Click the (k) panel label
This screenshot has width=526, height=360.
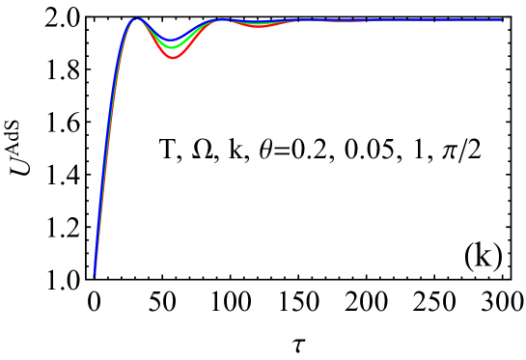pyautogui.click(x=484, y=255)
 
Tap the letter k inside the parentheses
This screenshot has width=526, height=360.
pyautogui.click(x=484, y=256)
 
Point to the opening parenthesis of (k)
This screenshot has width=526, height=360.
pyautogui.click(x=470, y=256)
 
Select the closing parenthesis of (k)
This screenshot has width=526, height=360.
pyautogui.click(x=499, y=256)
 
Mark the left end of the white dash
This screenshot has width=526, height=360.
pyautogui.click(x=115, y=148)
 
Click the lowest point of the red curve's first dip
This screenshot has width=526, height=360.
pyautogui.click(x=173, y=59)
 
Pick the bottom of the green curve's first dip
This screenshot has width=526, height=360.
pyautogui.click(x=172, y=47)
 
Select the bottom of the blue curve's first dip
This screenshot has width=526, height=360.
pyautogui.click(x=172, y=41)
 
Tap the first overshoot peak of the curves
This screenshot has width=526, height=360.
pyautogui.click(x=136, y=18)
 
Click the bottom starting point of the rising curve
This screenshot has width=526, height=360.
pyautogui.click(x=94, y=276)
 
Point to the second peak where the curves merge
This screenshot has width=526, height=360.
pyautogui.click(x=222, y=19)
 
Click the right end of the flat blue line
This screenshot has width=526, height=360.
pyautogui.click(x=502, y=19)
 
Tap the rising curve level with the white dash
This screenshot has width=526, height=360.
pyautogui.click(x=104, y=148)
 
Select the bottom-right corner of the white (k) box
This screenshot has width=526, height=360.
pyautogui.click(x=506, y=273)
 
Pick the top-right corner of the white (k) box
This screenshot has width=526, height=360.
pyautogui.click(x=506, y=235)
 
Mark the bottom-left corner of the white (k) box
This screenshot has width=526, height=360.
pyautogui.click(x=463, y=273)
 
